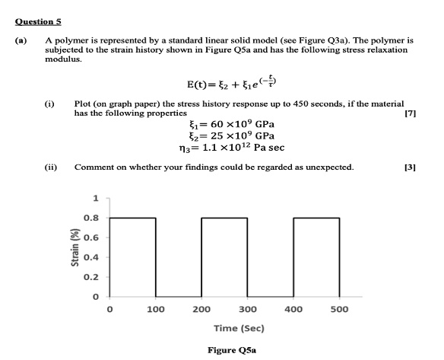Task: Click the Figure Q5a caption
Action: pyautogui.click(x=232, y=350)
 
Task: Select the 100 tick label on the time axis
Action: pyautogui.click(x=156, y=310)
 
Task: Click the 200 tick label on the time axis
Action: pyautogui.click(x=201, y=310)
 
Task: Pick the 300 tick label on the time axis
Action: pyautogui.click(x=247, y=310)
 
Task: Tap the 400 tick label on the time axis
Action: pyautogui.click(x=293, y=310)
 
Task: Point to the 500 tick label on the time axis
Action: pyautogui.click(x=339, y=310)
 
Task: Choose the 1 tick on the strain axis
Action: pyautogui.click(x=96, y=199)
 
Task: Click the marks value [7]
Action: pyautogui.click(x=411, y=113)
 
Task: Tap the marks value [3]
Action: pyautogui.click(x=411, y=166)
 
